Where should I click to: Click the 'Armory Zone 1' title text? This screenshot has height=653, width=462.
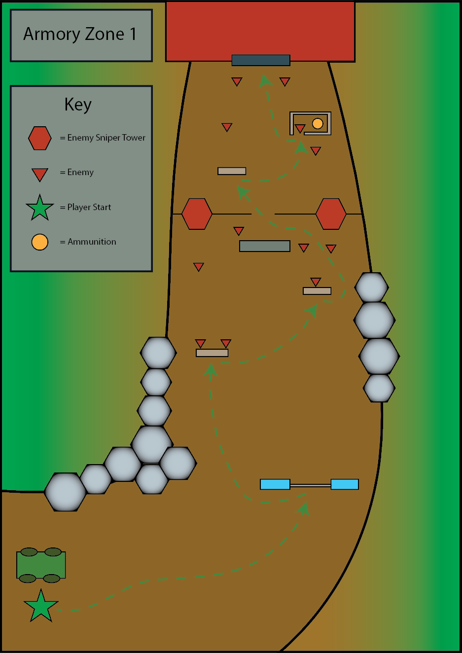coord(80,34)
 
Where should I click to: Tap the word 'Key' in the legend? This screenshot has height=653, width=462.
coord(78,105)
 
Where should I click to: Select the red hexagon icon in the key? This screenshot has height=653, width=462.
coord(40,138)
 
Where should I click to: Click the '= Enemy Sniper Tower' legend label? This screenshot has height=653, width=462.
coord(103,138)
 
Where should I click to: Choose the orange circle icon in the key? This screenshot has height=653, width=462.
coord(40,242)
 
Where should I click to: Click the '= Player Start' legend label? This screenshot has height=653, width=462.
coord(85,207)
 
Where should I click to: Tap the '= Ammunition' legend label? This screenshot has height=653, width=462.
coord(88,242)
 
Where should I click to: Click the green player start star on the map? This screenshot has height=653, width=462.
coord(41,606)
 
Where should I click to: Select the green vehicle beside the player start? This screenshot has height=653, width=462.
coord(41,565)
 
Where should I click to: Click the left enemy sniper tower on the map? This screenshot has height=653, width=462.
coord(197,214)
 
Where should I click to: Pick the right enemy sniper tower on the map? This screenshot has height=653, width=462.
coord(331,214)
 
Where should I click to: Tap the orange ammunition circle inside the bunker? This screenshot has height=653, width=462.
coord(318,123)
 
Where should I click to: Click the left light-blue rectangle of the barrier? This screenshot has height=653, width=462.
coord(275,484)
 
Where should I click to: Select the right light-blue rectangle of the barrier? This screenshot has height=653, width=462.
coord(345,484)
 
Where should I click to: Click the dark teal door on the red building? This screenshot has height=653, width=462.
coord(261,60)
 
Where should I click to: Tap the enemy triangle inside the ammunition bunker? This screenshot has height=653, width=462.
coord(300,129)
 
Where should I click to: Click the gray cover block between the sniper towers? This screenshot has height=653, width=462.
coord(265,246)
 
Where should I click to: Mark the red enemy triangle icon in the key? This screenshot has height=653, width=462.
coord(40,174)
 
